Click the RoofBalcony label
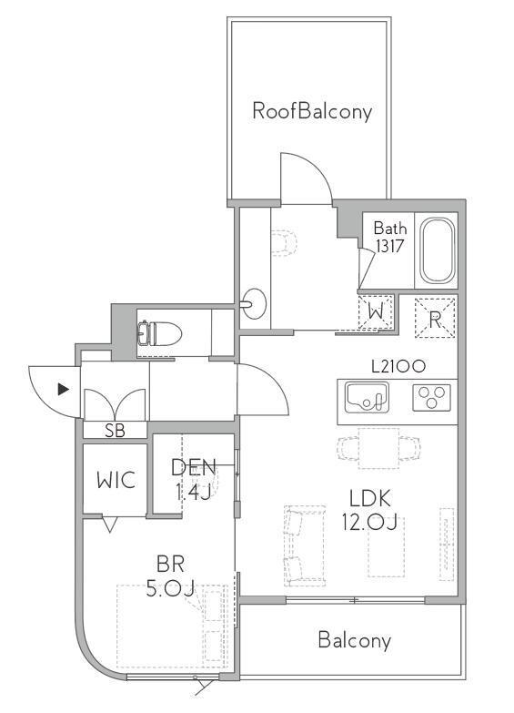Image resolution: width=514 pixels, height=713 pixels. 312,111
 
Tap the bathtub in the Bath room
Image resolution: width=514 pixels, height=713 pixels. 437,251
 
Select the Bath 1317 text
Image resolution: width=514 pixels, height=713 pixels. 390,237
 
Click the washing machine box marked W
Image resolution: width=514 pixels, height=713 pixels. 376,312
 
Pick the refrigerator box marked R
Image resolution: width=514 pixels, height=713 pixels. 435,318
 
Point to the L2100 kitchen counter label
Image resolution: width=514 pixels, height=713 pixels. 398,366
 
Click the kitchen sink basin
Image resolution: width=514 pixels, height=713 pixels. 368,397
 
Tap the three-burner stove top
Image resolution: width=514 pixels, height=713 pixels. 432,397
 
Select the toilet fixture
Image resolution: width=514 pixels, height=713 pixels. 159,334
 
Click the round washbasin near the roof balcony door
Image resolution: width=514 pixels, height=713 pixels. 254,303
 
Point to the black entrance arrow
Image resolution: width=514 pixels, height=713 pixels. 63,389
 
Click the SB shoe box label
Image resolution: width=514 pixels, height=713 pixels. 115,430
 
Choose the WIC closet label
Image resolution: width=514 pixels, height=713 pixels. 116,480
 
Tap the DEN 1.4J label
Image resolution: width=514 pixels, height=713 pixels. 193,479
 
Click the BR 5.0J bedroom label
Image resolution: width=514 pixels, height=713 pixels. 170,576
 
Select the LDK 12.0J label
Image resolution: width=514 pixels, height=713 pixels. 369,510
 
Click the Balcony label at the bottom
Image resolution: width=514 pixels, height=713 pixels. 355,640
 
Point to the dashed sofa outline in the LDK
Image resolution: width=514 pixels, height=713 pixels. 305,545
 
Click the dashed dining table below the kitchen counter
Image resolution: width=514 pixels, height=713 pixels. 378,448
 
